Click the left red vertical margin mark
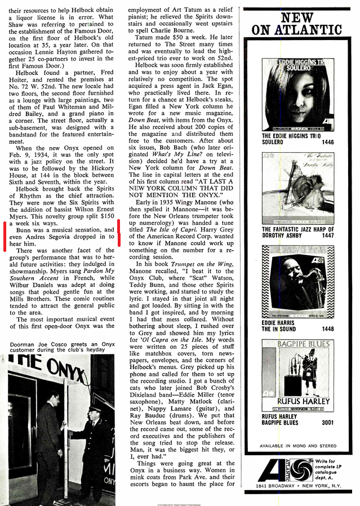click(5, 242)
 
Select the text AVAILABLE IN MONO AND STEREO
click(296, 446)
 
